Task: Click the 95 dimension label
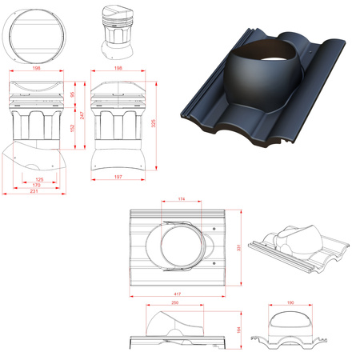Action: (x=71, y=94)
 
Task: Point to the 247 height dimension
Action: (x=79, y=116)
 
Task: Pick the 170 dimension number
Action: (x=36, y=186)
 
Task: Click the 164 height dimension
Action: (x=239, y=329)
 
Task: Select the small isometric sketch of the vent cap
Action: (x=117, y=33)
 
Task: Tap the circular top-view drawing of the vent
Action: (x=34, y=37)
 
